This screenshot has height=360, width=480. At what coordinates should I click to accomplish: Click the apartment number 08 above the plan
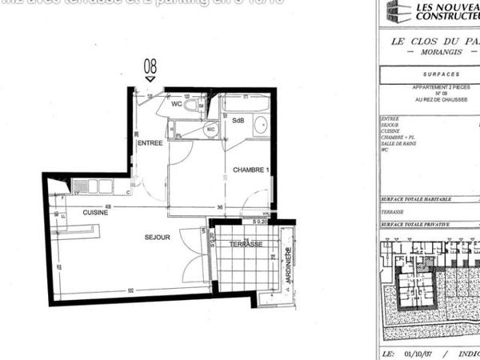(150, 66)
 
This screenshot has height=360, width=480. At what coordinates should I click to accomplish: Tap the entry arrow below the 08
(150, 78)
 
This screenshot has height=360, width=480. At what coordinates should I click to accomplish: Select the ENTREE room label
(150, 142)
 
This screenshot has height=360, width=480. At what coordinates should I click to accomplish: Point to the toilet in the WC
(190, 105)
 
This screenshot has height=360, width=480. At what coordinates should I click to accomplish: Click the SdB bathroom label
(238, 121)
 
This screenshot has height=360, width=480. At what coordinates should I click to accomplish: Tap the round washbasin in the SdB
(260, 124)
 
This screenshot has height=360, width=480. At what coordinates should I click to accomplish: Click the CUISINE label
(95, 213)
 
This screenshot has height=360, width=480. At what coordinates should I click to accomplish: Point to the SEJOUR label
(158, 238)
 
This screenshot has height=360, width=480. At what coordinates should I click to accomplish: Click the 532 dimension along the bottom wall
(130, 290)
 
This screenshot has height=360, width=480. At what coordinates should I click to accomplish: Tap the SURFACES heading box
(428, 72)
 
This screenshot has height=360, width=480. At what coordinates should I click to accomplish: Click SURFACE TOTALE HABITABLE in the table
(416, 198)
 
